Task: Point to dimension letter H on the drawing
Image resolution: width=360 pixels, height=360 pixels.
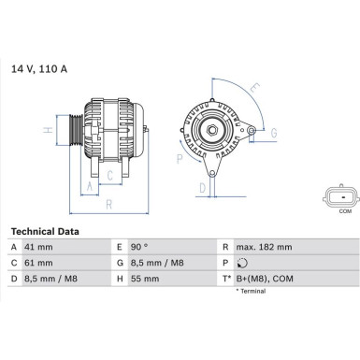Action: click(x=48, y=130)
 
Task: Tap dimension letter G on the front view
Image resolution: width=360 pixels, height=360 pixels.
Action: click(x=273, y=133)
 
